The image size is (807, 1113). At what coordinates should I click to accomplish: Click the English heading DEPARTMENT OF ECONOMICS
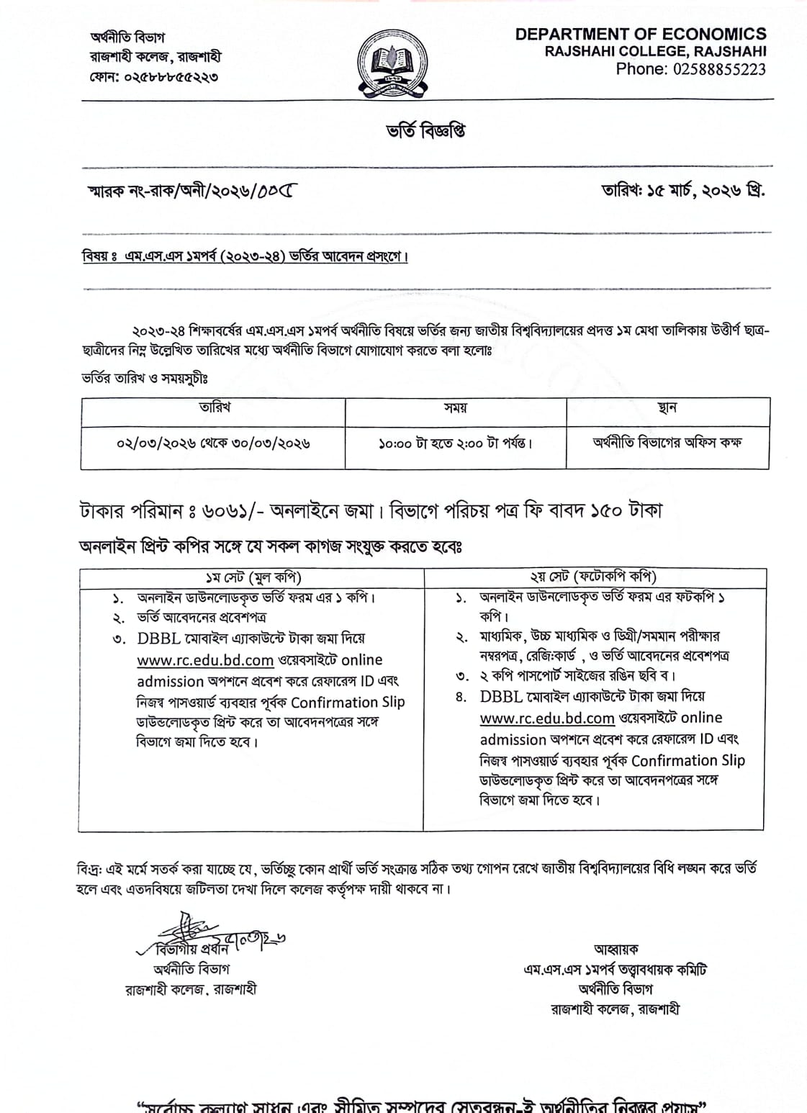pos(641,34)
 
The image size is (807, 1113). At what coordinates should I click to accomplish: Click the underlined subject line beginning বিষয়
pos(245,256)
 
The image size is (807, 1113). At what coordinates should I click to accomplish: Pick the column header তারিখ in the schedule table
pos(214,407)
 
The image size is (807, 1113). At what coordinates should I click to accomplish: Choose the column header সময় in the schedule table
pos(455,408)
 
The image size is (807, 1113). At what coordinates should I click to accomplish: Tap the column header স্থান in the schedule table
pos(667,408)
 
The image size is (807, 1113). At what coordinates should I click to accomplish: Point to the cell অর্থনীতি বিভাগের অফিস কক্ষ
pos(667,442)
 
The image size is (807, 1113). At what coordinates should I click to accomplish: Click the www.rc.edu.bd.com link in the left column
pos(205,660)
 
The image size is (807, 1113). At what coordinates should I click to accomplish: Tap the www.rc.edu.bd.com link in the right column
pos(547,718)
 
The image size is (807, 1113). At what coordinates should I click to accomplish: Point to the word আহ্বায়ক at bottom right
pos(616,950)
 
